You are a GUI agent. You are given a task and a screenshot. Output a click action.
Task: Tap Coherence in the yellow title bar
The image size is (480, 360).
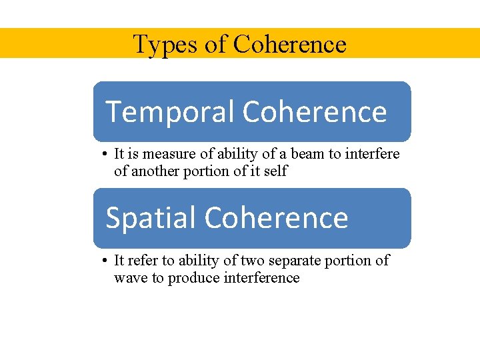tap(290, 45)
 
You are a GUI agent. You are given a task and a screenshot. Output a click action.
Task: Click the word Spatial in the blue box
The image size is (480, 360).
tap(151, 218)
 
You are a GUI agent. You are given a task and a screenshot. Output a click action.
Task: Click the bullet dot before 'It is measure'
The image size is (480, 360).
tap(105, 155)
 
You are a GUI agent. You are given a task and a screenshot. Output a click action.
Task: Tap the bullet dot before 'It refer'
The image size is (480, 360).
tap(105, 261)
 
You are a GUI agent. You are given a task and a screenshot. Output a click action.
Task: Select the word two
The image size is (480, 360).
tap(254, 261)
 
